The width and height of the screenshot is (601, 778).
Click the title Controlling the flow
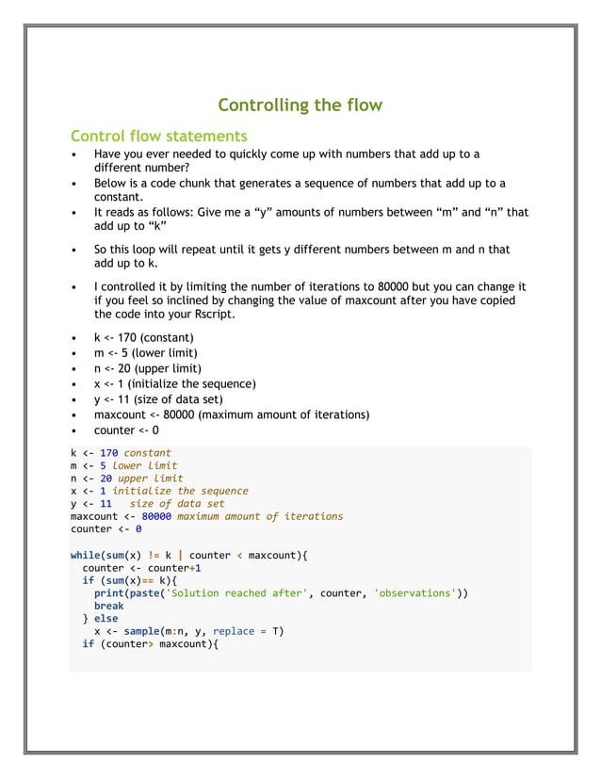click(x=300, y=105)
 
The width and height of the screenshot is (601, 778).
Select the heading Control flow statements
click(x=158, y=136)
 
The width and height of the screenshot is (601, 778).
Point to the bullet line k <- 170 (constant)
click(x=143, y=337)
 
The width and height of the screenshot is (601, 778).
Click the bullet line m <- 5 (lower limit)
click(x=147, y=353)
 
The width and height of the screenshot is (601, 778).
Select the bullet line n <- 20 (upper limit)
click(x=147, y=368)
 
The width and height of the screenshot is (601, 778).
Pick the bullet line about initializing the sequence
click(x=174, y=383)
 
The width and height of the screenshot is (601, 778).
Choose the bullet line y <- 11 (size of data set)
click(x=161, y=399)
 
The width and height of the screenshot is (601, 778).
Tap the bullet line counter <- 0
click(x=126, y=430)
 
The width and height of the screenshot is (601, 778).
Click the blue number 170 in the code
click(x=108, y=453)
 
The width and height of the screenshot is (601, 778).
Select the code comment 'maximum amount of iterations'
click(x=260, y=516)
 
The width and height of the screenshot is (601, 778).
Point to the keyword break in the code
click(x=108, y=606)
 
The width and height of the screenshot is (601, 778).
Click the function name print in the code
click(x=108, y=593)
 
